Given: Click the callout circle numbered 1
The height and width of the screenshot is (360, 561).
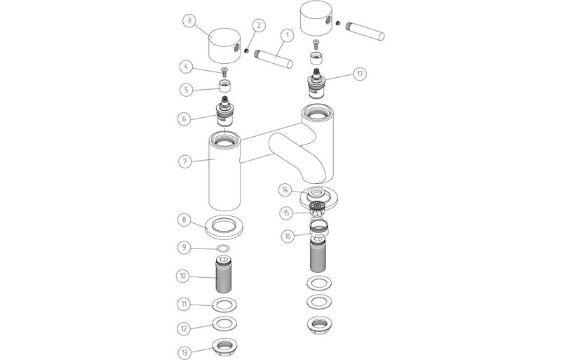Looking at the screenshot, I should tap(285, 35).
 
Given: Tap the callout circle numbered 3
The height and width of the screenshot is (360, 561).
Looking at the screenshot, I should tap(189, 20).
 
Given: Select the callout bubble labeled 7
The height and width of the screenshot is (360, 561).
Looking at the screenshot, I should tap(184, 161).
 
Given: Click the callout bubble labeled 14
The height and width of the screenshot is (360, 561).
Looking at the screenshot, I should tap(285, 190).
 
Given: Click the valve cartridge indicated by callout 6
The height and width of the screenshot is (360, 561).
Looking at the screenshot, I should tap(224, 114).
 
